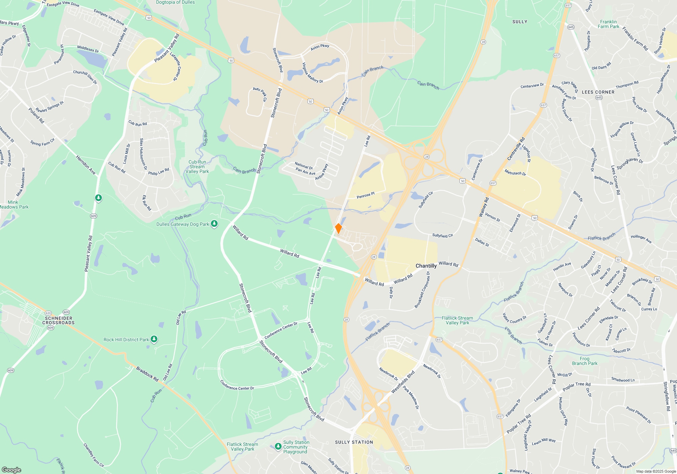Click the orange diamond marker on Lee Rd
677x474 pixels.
click(338, 229)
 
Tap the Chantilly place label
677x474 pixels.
click(426, 266)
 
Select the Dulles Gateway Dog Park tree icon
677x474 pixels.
click(214, 224)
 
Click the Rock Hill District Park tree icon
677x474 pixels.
click(154, 339)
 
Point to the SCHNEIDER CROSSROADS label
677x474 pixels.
click(59, 320)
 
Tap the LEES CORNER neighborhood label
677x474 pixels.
click(598, 92)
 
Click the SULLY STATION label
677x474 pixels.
click(354, 442)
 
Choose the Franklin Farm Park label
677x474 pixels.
click(608, 24)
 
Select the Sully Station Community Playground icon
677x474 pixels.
click(278, 447)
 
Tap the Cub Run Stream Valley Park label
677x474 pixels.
click(197, 167)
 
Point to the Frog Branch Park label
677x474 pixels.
click(585, 361)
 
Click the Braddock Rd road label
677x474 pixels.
click(147, 374)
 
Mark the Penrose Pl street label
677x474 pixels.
click(366, 195)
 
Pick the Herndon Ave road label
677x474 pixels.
click(86, 165)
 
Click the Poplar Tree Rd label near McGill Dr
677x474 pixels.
click(576, 386)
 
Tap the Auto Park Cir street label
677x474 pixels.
click(260, 94)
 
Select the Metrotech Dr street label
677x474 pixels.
click(515, 173)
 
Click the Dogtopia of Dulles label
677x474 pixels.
click(175, 2)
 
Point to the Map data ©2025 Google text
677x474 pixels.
click(656, 471)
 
